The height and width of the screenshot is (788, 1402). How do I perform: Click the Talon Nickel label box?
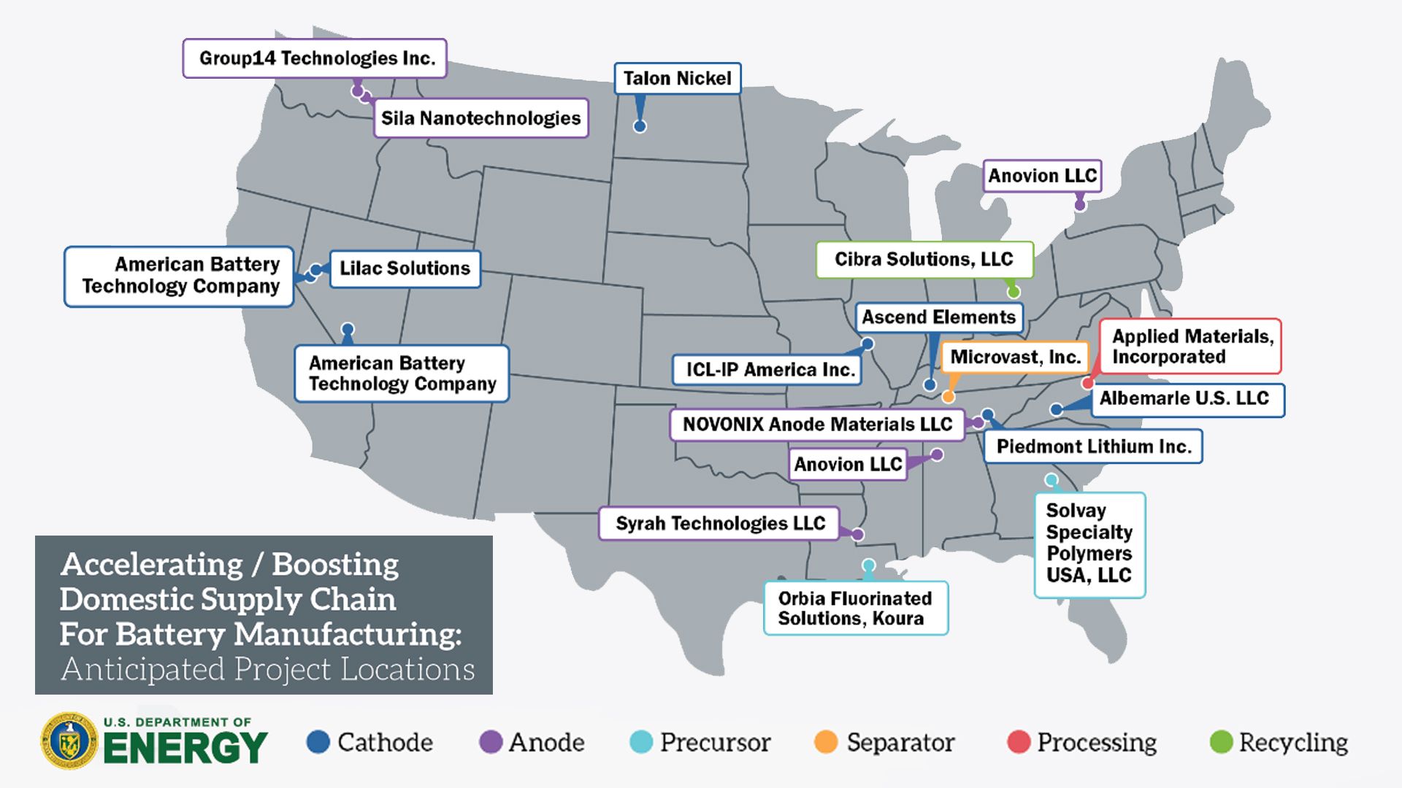pyautogui.click(x=677, y=78)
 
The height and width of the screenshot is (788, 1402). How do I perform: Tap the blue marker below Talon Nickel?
pyautogui.click(x=640, y=126)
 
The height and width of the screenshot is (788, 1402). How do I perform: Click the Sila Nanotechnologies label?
pyautogui.click(x=480, y=118)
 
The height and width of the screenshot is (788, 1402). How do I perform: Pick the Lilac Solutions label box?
pyautogui.click(x=405, y=269)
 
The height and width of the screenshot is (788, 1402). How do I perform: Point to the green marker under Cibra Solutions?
pyautogui.click(x=1014, y=292)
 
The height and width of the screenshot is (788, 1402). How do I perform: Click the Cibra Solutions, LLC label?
pyautogui.click(x=924, y=260)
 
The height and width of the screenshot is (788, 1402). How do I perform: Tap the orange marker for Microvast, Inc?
pyautogui.click(x=949, y=397)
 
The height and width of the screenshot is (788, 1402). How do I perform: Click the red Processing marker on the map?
pyautogui.click(x=1088, y=383)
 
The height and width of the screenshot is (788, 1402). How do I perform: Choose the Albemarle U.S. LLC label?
pyautogui.click(x=1187, y=399)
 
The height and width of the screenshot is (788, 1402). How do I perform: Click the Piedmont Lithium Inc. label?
pyautogui.click(x=1093, y=447)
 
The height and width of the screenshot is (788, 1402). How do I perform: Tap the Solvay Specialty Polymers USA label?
pyautogui.click(x=1089, y=544)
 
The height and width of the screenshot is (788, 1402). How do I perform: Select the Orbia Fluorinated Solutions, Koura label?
pyautogui.click(x=855, y=608)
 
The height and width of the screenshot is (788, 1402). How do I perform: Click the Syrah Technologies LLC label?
pyautogui.click(x=719, y=524)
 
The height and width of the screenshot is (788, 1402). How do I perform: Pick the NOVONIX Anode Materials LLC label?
pyautogui.click(x=817, y=425)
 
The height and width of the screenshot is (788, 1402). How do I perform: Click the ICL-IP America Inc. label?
pyautogui.click(x=768, y=370)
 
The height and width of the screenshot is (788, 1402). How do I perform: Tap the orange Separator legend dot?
pyautogui.click(x=826, y=742)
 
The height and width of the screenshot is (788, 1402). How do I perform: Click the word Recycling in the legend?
pyautogui.click(x=1293, y=743)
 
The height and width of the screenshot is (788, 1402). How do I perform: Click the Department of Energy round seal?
pyautogui.click(x=69, y=741)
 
